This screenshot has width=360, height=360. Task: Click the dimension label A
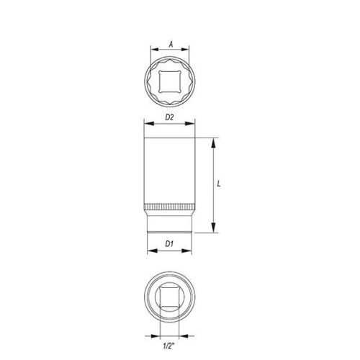click(x=171, y=44)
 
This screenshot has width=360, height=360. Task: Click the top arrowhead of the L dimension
click(x=213, y=140)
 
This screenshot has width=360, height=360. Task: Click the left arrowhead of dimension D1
click(x=150, y=251)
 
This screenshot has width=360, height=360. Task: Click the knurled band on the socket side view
click(x=171, y=210)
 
